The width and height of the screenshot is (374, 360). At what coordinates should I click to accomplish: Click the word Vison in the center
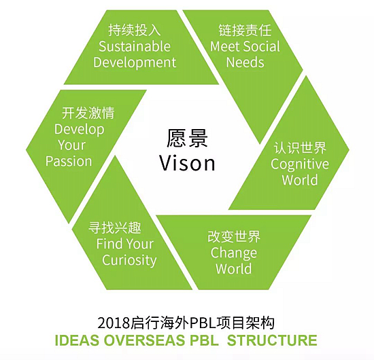coord(187,163)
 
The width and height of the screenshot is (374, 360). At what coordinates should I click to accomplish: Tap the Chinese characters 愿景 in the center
coord(187,139)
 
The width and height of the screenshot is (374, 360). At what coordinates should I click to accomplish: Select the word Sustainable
coord(135,46)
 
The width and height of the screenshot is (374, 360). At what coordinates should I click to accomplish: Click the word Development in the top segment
coord(135,62)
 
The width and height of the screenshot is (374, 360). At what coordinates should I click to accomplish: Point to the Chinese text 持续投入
coord(135,31)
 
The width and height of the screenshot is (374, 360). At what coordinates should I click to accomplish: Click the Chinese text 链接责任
coord(245,31)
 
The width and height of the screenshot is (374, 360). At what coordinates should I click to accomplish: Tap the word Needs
coord(245,62)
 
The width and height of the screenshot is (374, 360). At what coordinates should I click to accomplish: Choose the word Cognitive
coord(300,164)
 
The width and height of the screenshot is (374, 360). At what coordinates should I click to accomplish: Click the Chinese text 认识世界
coord(300,147)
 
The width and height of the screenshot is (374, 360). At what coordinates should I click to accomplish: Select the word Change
coord(234,253)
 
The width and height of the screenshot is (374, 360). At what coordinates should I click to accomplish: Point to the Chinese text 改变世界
coord(234,236)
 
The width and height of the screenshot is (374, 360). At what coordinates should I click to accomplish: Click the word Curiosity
coord(129,260)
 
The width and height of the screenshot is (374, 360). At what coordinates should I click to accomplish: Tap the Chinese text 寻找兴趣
coord(115,228)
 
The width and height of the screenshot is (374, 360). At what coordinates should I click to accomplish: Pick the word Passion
coord(69,161)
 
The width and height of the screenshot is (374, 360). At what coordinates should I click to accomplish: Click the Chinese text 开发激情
coord(88,113)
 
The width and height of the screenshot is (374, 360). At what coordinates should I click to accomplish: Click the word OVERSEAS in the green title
coord(144,340)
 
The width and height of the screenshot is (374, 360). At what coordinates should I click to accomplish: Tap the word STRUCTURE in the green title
coord(272,340)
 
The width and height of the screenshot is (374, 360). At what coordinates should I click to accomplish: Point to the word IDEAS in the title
coord(77,340)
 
